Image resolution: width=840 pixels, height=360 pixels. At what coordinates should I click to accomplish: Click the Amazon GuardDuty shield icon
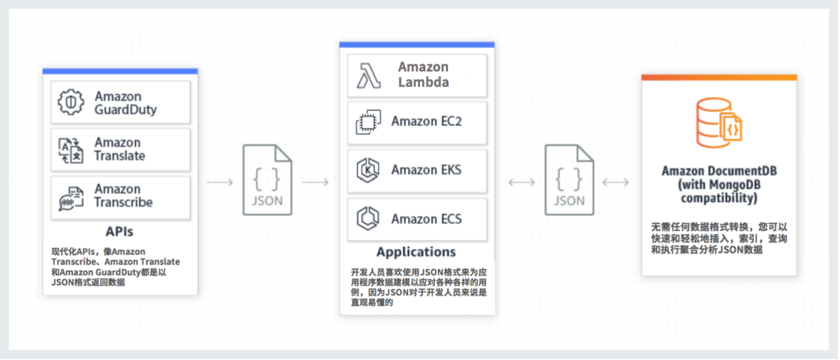click(x=72, y=103)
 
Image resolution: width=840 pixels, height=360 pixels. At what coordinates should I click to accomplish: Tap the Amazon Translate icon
click(x=72, y=149)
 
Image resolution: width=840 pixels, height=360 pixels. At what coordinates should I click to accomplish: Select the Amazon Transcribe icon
click(x=72, y=196)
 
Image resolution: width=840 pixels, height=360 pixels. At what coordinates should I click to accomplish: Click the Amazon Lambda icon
click(x=368, y=75)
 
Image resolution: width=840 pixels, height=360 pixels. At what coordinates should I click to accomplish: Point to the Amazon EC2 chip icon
click(x=368, y=122)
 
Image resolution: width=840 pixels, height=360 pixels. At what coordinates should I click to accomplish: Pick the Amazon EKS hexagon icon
click(x=368, y=170)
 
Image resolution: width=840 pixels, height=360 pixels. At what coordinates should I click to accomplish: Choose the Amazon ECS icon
click(x=368, y=218)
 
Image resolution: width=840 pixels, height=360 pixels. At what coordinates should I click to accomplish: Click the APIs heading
click(x=120, y=232)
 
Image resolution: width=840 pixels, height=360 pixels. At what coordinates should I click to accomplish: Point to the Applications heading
click(x=416, y=252)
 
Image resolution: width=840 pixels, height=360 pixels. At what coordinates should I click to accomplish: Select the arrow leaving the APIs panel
click(x=220, y=182)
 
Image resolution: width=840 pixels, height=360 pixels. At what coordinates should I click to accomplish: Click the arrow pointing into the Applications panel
click(x=316, y=182)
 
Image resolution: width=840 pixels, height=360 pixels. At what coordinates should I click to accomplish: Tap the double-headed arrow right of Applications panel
click(x=521, y=182)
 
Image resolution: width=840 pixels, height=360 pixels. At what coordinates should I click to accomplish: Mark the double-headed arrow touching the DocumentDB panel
click(x=616, y=182)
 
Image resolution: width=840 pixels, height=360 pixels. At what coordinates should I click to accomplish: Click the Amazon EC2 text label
click(x=426, y=122)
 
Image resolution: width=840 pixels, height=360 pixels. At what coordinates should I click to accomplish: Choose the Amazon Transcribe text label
click(x=123, y=196)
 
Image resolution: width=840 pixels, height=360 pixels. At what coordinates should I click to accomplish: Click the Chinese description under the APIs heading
click(x=115, y=267)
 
